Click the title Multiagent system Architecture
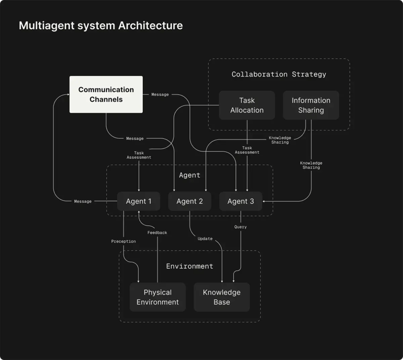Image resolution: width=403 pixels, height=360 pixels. (100, 25)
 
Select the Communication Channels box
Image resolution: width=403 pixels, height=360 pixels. (106, 94)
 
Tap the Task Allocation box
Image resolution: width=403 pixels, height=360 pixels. (247, 105)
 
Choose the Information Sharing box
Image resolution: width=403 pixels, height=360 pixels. (311, 105)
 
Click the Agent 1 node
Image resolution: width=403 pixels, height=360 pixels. (139, 201)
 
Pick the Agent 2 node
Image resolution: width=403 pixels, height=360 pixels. (189, 201)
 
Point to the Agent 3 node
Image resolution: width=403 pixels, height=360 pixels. (241, 201)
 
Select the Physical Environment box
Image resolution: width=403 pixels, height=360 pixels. (158, 297)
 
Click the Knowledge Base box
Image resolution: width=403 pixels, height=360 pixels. (221, 297)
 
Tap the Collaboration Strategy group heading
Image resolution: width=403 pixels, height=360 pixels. (279, 74)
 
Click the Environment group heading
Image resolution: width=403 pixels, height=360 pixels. (189, 266)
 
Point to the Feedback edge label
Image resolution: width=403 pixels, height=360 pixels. (157, 233)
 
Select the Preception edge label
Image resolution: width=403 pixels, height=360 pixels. (124, 242)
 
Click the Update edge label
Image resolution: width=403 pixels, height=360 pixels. (205, 239)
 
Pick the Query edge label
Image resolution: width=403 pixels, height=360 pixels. (240, 227)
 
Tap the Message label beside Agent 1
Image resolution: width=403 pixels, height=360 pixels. (83, 202)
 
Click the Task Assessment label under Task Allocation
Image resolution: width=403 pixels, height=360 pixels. (247, 150)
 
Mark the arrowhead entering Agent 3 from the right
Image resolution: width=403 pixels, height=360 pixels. (264, 201)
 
